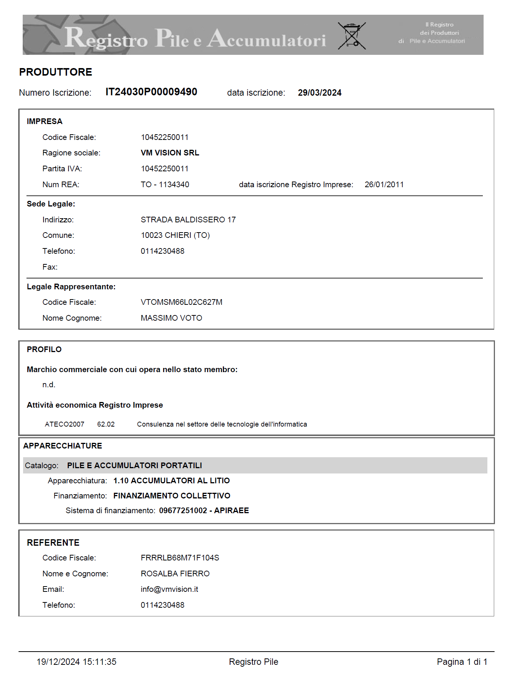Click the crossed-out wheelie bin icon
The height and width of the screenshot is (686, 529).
tap(352, 36)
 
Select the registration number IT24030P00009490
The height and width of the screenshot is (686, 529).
tap(151, 92)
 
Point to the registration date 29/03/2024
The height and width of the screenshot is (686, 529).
tap(319, 93)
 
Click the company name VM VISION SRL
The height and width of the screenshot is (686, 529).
tap(170, 153)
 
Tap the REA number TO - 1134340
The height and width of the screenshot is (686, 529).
tap(165, 185)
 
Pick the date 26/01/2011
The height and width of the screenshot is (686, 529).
tap(384, 185)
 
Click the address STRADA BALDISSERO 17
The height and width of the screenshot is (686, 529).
tap(188, 220)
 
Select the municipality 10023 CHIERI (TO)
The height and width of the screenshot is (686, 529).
tap(175, 235)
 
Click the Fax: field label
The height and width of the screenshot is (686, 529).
tap(50, 267)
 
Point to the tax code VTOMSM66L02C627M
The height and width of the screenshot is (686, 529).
tap(182, 302)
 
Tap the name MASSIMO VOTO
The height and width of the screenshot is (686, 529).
tap(171, 318)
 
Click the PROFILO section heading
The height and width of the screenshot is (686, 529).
tap(44, 349)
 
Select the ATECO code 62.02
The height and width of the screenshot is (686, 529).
tap(106, 424)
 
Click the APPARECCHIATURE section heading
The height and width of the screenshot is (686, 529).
tap(63, 446)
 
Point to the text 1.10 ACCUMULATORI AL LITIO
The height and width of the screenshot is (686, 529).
tap(171, 481)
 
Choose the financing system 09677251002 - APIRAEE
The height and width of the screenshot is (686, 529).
tap(204, 511)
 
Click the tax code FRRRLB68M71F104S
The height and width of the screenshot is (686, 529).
tap(180, 558)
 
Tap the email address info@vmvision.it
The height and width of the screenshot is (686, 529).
tap(170, 589)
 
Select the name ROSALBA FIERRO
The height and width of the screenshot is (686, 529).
tap(175, 574)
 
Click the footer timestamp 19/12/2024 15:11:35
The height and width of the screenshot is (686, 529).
tap(76, 662)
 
